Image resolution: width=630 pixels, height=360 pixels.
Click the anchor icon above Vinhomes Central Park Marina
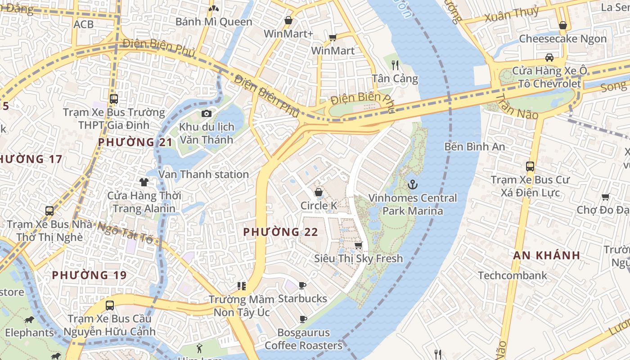pyautogui.click(x=412, y=184)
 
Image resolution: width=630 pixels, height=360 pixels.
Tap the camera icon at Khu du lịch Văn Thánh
pyautogui.click(x=207, y=113)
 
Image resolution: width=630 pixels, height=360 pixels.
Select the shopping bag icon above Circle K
pyautogui.click(x=319, y=192)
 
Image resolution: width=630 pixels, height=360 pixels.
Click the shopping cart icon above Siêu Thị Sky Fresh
pyautogui.click(x=358, y=245)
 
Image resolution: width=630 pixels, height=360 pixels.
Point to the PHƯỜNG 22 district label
pyautogui.click(x=281, y=232)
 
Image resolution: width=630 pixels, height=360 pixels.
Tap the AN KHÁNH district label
pyautogui.click(x=547, y=255)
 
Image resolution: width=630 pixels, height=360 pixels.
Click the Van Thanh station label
pyautogui.click(x=203, y=174)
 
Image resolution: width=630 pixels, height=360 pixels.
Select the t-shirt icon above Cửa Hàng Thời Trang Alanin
pyautogui.click(x=144, y=182)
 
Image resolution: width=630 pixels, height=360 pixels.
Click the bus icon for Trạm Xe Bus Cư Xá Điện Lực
pyautogui.click(x=530, y=166)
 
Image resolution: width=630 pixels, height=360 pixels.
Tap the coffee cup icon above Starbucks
pyautogui.click(x=302, y=285)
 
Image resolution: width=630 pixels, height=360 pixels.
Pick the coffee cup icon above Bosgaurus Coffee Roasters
pyautogui.click(x=303, y=319)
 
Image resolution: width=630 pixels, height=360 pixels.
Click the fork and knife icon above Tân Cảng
pyautogui.click(x=395, y=65)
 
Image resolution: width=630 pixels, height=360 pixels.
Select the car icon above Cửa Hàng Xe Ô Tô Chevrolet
pyautogui.click(x=549, y=57)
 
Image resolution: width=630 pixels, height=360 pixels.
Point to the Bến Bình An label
pyautogui.click(x=474, y=147)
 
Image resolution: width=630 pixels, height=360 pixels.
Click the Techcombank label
pyautogui.click(x=513, y=275)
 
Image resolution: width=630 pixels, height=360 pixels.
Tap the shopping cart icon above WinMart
pyautogui.click(x=333, y=37)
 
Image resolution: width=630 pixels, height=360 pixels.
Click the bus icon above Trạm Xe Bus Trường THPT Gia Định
pyautogui.click(x=114, y=99)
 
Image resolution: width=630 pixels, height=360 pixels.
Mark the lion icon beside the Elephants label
pyautogui.click(x=29, y=320)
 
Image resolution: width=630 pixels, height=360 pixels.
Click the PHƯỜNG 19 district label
pyautogui.click(x=89, y=275)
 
